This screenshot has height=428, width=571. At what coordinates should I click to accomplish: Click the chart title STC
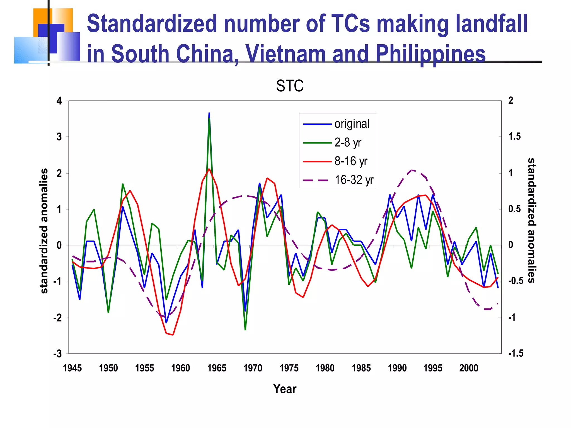290,86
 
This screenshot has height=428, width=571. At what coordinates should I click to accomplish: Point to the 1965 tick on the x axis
217,368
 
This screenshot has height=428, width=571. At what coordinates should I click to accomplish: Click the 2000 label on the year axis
469,368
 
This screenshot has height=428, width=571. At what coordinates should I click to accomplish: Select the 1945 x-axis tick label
72,368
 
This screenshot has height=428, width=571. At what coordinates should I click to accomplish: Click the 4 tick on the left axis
59,101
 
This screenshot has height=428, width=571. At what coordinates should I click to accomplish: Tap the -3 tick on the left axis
58,354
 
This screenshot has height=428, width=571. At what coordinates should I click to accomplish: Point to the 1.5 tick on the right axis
514,137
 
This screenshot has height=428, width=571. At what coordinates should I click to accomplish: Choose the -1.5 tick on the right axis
516,353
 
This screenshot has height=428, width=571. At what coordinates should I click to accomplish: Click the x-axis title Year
285,389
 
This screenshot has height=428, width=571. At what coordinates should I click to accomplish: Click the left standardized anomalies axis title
44,231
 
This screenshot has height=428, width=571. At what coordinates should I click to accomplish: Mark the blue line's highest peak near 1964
209,113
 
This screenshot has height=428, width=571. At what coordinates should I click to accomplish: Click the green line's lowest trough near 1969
245,330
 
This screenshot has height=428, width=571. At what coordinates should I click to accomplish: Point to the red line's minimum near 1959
173,335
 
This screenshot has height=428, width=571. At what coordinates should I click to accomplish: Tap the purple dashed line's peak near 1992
412,170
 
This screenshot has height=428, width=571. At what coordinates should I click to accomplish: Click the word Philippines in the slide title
430,53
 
